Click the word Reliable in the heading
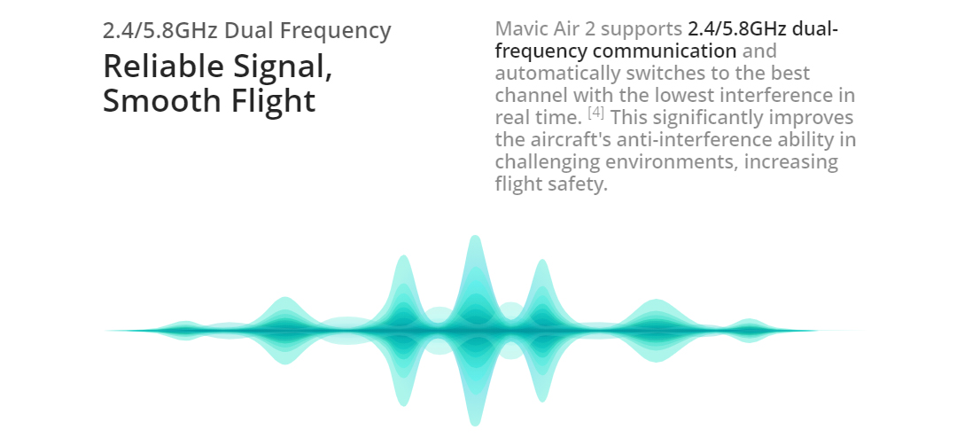click(x=165, y=66)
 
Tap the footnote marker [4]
click(x=596, y=113)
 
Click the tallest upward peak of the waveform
click(x=475, y=236)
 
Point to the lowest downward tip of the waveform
click(x=475, y=426)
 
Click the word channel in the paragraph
click(x=532, y=95)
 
